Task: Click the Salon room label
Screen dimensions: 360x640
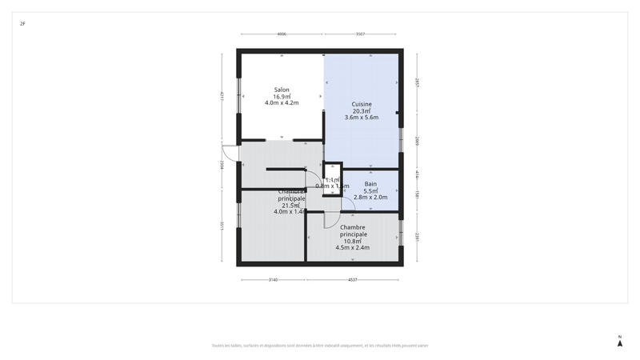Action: coord(282,90)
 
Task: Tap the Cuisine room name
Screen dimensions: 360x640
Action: coord(362,104)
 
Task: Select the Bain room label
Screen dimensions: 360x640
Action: coord(370,184)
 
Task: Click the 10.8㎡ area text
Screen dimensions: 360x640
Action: coord(352,241)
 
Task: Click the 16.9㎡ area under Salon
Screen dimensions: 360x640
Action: coord(282,96)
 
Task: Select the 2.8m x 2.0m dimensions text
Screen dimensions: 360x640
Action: coord(370,197)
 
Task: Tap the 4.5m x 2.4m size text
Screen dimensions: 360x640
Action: coord(352,247)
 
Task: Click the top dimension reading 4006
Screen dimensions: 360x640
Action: coord(282,34)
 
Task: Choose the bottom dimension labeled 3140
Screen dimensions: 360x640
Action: coord(272,280)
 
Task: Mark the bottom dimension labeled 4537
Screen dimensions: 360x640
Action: coord(352,280)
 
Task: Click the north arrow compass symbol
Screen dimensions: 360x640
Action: coord(619,342)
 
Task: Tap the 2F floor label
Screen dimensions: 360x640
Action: coord(22,24)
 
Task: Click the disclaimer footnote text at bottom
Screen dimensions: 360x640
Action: coord(320,346)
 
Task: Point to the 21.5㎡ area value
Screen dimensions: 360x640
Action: coord(290,205)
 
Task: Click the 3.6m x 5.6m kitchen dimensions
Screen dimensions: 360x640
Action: coord(362,118)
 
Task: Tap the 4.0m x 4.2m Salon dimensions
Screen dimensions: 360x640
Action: coord(282,102)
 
